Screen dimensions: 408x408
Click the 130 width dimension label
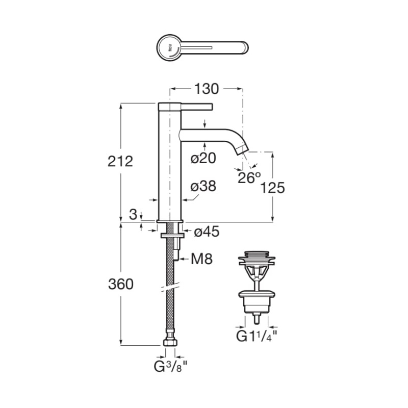(x=207, y=89)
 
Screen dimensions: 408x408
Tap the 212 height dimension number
(x=120, y=161)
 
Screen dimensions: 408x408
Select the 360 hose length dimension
(x=121, y=284)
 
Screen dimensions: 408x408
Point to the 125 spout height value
(x=272, y=188)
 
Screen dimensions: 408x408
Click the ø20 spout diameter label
(x=203, y=158)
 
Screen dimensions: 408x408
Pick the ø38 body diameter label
(x=203, y=186)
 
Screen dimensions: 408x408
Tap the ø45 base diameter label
(x=207, y=232)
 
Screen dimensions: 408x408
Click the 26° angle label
(x=249, y=177)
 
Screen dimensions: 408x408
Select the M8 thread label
(x=201, y=259)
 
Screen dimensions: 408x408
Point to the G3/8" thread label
(x=170, y=367)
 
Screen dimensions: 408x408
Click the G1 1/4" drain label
(x=257, y=336)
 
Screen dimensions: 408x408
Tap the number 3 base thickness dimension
(x=133, y=214)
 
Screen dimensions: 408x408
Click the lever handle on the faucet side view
(x=186, y=107)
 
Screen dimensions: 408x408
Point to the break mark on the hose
(x=170, y=287)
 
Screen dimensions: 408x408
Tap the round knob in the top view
(x=169, y=48)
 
